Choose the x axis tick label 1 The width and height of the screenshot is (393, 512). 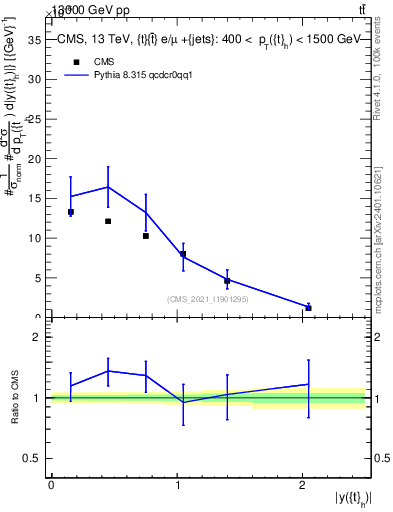[178, 486]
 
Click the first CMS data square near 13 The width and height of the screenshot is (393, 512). [71, 212]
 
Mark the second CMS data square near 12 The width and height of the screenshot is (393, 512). [108, 221]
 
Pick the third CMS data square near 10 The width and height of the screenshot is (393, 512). [146, 236]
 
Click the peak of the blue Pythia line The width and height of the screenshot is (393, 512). [108, 187]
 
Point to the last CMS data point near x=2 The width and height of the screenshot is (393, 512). [308, 308]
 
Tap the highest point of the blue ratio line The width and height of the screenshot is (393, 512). [108, 371]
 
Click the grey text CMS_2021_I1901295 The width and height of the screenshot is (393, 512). [209, 299]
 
